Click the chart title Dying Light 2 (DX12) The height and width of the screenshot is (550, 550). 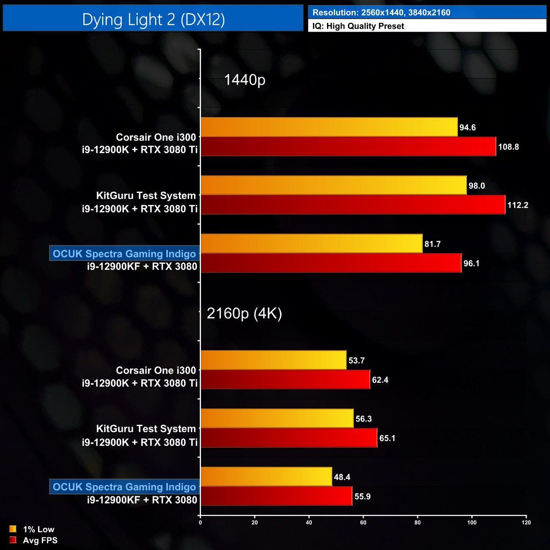coord(153,19)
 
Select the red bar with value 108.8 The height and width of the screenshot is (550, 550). coord(348,146)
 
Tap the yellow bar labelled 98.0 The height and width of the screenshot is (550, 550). coord(333,185)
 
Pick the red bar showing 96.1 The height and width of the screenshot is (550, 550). coord(331,263)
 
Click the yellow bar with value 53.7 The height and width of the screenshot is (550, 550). coord(273,360)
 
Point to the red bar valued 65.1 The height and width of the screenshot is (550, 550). coord(289,437)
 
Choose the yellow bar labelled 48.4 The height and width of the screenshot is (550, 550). coord(266,476)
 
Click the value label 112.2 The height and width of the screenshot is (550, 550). coord(517,205)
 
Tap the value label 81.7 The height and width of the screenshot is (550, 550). coord(432,244)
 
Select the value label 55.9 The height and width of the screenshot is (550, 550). coord(363,496)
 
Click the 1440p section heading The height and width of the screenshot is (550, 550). coord(245,80)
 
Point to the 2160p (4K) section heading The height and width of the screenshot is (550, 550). coord(244,313)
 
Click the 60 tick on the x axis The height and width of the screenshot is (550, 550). coord(363,522)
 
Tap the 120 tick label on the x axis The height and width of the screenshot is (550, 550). coord(526,522)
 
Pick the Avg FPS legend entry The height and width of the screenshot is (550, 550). coord(33,540)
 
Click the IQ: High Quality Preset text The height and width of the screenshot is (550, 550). coord(358,26)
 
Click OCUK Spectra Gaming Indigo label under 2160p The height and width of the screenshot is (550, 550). coord(124,487)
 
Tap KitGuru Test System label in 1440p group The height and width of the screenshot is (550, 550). coord(146,195)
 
